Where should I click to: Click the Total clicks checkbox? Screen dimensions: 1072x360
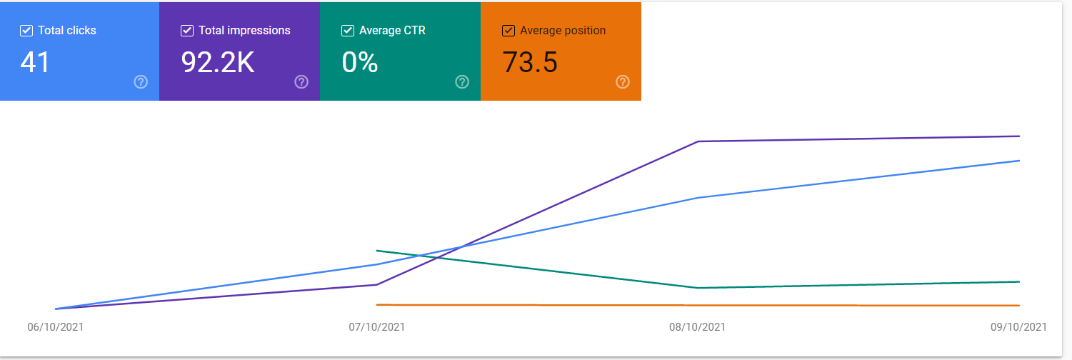tap(26, 31)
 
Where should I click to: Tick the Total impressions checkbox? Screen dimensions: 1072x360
tap(187, 31)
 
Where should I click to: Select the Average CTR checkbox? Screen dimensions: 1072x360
tap(347, 31)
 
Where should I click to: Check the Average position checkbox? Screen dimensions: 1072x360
tap(509, 31)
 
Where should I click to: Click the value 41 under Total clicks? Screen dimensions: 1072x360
tap(35, 63)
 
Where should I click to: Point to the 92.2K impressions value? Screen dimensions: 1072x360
tap(218, 63)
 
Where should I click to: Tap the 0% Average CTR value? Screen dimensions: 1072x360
tap(360, 63)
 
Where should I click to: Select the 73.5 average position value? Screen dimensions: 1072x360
tap(530, 63)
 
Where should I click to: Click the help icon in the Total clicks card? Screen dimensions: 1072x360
tap(141, 82)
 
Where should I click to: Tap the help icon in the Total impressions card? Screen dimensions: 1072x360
tap(301, 82)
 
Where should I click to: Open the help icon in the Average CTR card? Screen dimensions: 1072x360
tap(462, 82)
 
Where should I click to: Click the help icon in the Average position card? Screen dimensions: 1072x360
tap(623, 82)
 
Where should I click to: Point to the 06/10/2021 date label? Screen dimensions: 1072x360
tap(56, 327)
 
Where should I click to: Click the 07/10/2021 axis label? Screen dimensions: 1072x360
tap(376, 327)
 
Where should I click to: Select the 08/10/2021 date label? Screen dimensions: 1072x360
tap(697, 327)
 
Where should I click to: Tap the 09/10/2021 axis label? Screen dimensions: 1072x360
tap(1018, 327)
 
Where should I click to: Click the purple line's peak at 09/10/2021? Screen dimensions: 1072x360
tap(1019, 136)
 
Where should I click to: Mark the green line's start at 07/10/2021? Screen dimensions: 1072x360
tap(377, 251)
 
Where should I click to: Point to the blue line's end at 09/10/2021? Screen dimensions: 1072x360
tap(1019, 161)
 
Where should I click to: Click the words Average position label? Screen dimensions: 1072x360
tap(563, 31)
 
